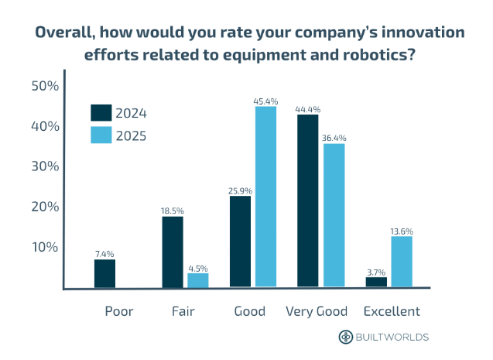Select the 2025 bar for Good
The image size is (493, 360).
coord(265,197)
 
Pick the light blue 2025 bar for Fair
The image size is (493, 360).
coord(198,280)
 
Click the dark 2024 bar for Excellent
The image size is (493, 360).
coord(376,283)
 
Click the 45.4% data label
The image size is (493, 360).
coord(265,101)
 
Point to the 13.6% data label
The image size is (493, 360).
coord(402,231)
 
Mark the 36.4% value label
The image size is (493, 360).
coord(334,138)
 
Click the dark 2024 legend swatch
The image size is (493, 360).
coord(101,113)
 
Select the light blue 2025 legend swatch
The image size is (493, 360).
coord(101,135)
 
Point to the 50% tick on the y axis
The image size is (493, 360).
coord(45,86)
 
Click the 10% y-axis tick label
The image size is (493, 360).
coord(45,247)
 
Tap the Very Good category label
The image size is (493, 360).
coord(317,311)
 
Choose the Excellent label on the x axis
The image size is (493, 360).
coord(392,311)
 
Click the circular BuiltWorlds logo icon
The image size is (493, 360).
coord(346,337)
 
